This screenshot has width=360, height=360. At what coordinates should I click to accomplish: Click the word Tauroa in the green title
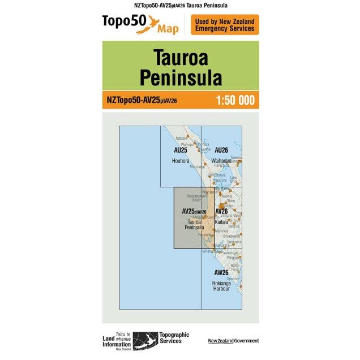[x=180, y=57]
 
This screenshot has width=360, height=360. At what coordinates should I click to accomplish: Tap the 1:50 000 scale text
[x=235, y=101]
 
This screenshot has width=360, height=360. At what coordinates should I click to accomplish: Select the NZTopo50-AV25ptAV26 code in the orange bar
[x=142, y=101]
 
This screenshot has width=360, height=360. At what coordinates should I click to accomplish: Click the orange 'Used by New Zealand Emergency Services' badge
[x=225, y=25]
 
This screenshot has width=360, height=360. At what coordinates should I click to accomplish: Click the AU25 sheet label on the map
[x=181, y=151]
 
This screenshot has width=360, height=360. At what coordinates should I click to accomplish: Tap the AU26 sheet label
[x=221, y=151]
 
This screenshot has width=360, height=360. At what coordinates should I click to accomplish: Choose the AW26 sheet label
[x=221, y=273]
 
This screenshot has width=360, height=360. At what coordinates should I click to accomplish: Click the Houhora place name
[x=181, y=161]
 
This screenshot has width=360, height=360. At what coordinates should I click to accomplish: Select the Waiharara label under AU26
[x=221, y=161]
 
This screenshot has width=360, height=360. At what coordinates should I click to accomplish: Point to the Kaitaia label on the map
[x=221, y=222]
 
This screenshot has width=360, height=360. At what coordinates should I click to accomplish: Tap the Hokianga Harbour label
[x=221, y=285]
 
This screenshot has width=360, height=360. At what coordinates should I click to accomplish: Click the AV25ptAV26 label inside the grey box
[x=194, y=212]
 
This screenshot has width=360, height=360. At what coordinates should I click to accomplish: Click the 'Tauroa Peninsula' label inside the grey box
[x=194, y=225]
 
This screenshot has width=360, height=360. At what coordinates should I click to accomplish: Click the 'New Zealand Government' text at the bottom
[x=233, y=341]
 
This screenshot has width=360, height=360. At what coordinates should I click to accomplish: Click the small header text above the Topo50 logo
[x=180, y=5]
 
